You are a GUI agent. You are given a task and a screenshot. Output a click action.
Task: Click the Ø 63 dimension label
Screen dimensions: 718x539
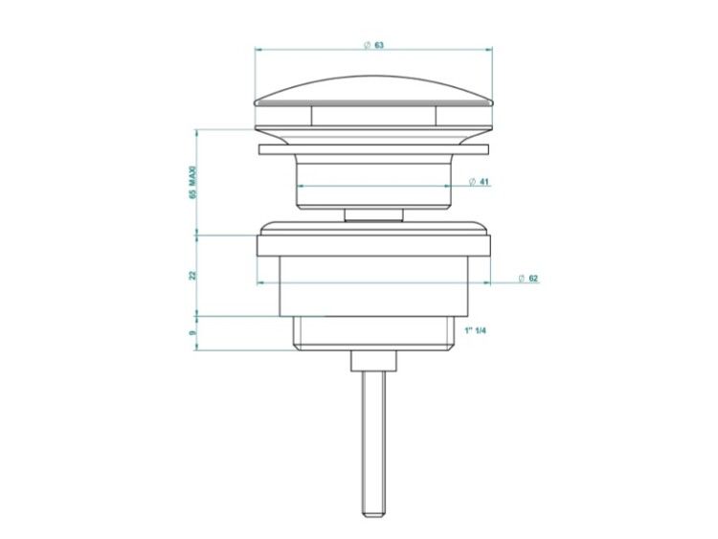373,45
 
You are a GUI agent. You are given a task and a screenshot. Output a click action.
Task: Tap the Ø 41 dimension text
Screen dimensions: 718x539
479,182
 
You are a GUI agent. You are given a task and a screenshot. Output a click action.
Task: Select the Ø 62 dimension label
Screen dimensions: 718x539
527,279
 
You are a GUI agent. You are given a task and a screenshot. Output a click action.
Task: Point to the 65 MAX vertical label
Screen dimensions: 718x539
192,182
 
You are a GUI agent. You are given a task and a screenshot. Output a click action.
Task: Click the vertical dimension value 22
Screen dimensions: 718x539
192,275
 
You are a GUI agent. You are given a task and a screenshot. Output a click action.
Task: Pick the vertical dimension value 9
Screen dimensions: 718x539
192,332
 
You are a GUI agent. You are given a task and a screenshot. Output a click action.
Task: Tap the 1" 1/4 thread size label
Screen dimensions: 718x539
475,330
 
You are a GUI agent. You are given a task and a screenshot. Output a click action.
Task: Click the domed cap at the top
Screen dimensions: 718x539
373,92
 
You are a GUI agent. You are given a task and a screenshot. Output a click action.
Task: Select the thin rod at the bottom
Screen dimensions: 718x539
373,443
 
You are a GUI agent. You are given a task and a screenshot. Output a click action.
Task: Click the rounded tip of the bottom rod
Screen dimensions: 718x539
373,514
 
